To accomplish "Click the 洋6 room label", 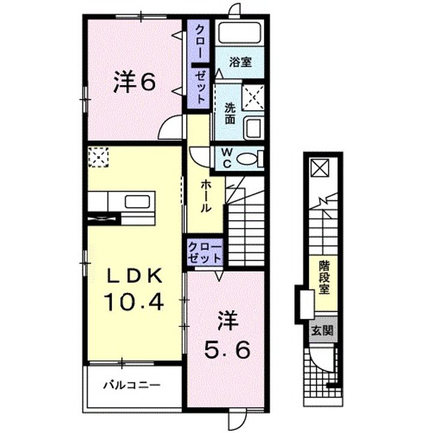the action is [x=135, y=81].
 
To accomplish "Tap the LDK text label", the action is [x=135, y=276].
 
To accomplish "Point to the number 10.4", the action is [x=134, y=302].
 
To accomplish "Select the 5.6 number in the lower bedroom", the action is [x=227, y=349].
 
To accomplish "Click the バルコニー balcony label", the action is [x=132, y=385].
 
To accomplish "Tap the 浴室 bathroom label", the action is [x=240, y=62].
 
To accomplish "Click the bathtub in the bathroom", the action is [x=239, y=33].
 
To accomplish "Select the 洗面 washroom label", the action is [x=230, y=114].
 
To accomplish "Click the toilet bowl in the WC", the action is [x=247, y=159].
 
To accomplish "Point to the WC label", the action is [x=227, y=158].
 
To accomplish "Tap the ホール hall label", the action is [x=205, y=196].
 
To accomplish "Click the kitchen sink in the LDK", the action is [x=138, y=201].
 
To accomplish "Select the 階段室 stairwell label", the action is [x=324, y=277].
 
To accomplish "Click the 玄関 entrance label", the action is [x=323, y=330].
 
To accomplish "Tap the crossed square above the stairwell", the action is [x=320, y=168].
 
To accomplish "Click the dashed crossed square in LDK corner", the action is [x=98, y=157].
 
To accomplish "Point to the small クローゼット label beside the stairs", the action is [x=205, y=252].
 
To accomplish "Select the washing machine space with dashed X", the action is [x=253, y=97].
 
